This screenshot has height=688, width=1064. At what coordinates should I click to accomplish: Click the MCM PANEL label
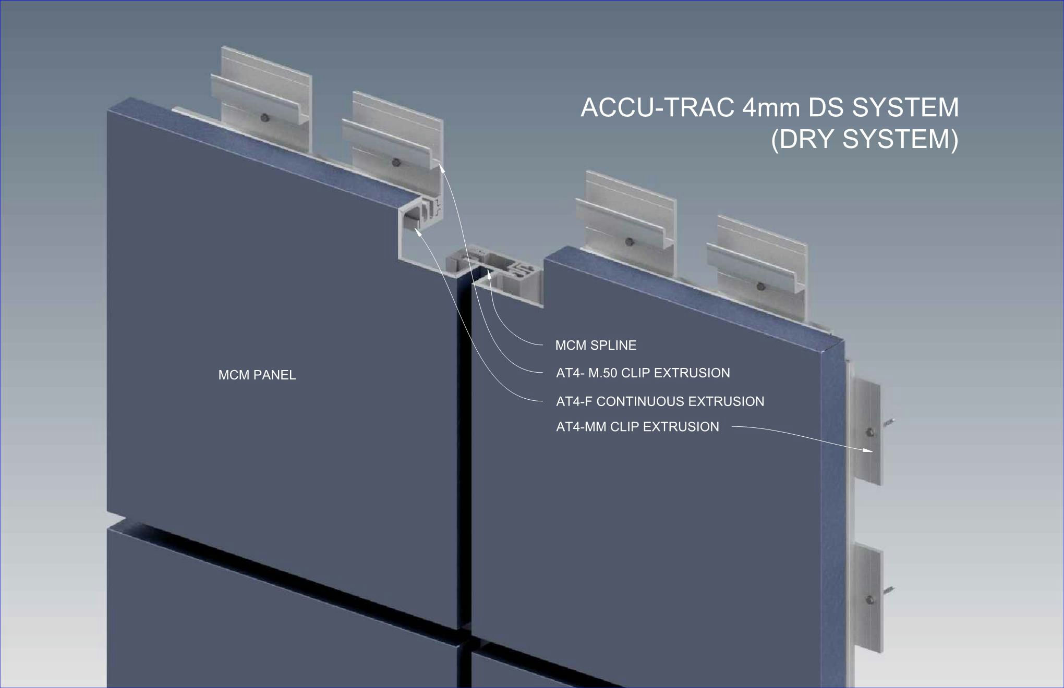[257, 375]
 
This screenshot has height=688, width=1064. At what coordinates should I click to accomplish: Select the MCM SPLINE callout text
[596, 345]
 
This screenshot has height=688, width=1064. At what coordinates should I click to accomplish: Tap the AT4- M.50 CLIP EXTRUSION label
[643, 373]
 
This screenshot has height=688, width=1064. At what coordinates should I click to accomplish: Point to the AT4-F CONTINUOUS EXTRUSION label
[660, 401]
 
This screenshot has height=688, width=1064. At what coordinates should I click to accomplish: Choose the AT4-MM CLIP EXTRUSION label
[637, 427]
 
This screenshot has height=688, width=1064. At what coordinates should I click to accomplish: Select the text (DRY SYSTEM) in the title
[864, 139]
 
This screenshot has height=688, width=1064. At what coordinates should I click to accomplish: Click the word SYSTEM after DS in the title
[905, 108]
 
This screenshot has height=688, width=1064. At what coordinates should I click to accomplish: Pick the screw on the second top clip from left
[396, 162]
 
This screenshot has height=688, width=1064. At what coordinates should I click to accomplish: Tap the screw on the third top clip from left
[630, 242]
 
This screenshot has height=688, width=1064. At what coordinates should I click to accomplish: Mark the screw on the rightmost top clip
[760, 286]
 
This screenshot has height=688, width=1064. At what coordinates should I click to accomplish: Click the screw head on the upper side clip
[869, 432]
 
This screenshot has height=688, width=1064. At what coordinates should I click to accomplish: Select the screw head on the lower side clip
[869, 600]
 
